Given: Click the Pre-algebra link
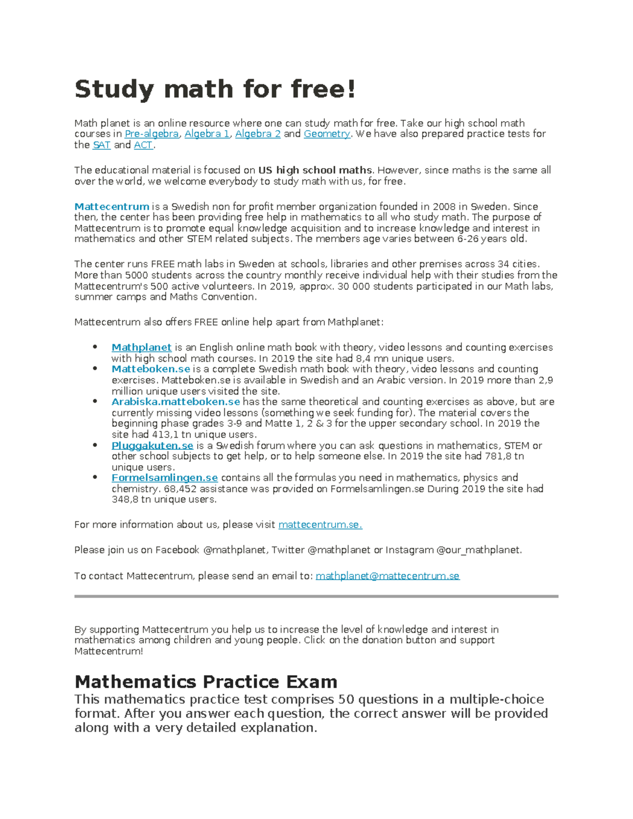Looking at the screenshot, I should [x=151, y=134].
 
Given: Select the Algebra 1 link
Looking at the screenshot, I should [x=207, y=134].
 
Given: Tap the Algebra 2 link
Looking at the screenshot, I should [x=257, y=134].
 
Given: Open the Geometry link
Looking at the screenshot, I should [x=327, y=134].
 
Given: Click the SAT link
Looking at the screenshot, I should [x=101, y=145].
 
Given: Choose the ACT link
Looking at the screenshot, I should [x=143, y=145].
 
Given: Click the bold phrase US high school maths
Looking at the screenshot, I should [x=315, y=170].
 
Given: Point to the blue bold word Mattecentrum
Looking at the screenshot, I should [x=112, y=207].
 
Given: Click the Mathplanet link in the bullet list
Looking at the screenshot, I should [x=141, y=348].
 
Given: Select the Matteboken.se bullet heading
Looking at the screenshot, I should [x=150, y=369].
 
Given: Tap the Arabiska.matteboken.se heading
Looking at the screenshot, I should [x=176, y=402].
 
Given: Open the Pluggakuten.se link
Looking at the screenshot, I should [x=152, y=446].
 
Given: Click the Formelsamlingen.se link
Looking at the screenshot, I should [x=165, y=478].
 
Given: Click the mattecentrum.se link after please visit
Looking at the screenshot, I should [x=320, y=525].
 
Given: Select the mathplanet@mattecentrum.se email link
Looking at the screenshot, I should [x=387, y=576].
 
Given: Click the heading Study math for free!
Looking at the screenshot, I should [x=215, y=89].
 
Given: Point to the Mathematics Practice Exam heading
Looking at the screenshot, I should [x=206, y=682].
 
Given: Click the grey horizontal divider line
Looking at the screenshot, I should [x=316, y=596].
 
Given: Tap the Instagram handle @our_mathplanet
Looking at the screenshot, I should [x=478, y=550].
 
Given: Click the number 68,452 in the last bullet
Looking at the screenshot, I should [x=180, y=489].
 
